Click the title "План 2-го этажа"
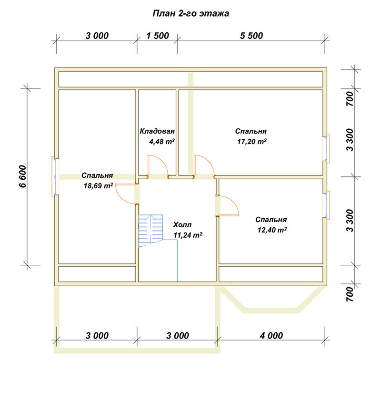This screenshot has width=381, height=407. [190, 13]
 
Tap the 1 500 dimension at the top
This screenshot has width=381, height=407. [158, 36]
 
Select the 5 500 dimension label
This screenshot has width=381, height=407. [251, 36]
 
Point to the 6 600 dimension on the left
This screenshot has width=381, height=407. [23, 176]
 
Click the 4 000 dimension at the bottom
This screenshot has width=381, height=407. [271, 335]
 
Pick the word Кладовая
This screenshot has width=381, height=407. [157, 131]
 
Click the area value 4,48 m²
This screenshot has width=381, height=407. [162, 142]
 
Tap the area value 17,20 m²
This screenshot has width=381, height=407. [252, 142]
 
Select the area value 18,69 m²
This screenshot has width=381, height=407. [98, 185]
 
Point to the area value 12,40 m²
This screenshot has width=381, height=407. [272, 230]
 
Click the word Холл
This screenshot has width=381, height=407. [182, 224]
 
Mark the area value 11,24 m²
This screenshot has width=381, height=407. [188, 235]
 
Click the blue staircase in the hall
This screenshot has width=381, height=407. [150, 231]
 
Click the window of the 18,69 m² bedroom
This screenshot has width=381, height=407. [55, 176]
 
